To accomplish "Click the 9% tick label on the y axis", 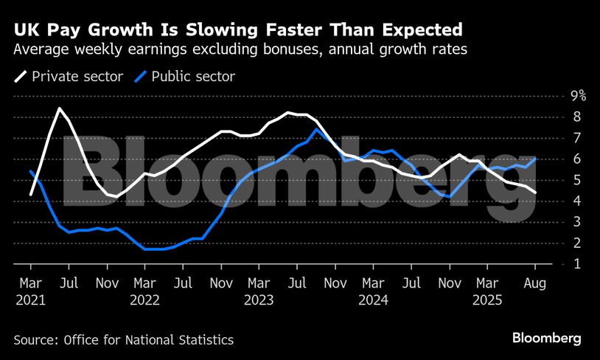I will pos(578,95).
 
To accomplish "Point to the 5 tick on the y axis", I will pos(576,179).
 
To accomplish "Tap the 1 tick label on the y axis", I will pos(576,263).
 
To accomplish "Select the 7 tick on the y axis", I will pos(576,137).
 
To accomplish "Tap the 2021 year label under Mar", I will pos(31,300).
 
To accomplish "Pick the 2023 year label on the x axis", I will pos(258,300).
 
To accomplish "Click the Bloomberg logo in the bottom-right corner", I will pos(547,339).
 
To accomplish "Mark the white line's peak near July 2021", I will pos(59,108).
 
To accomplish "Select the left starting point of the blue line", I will pos(31,171).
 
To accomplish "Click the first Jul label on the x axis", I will pos(69,284).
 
